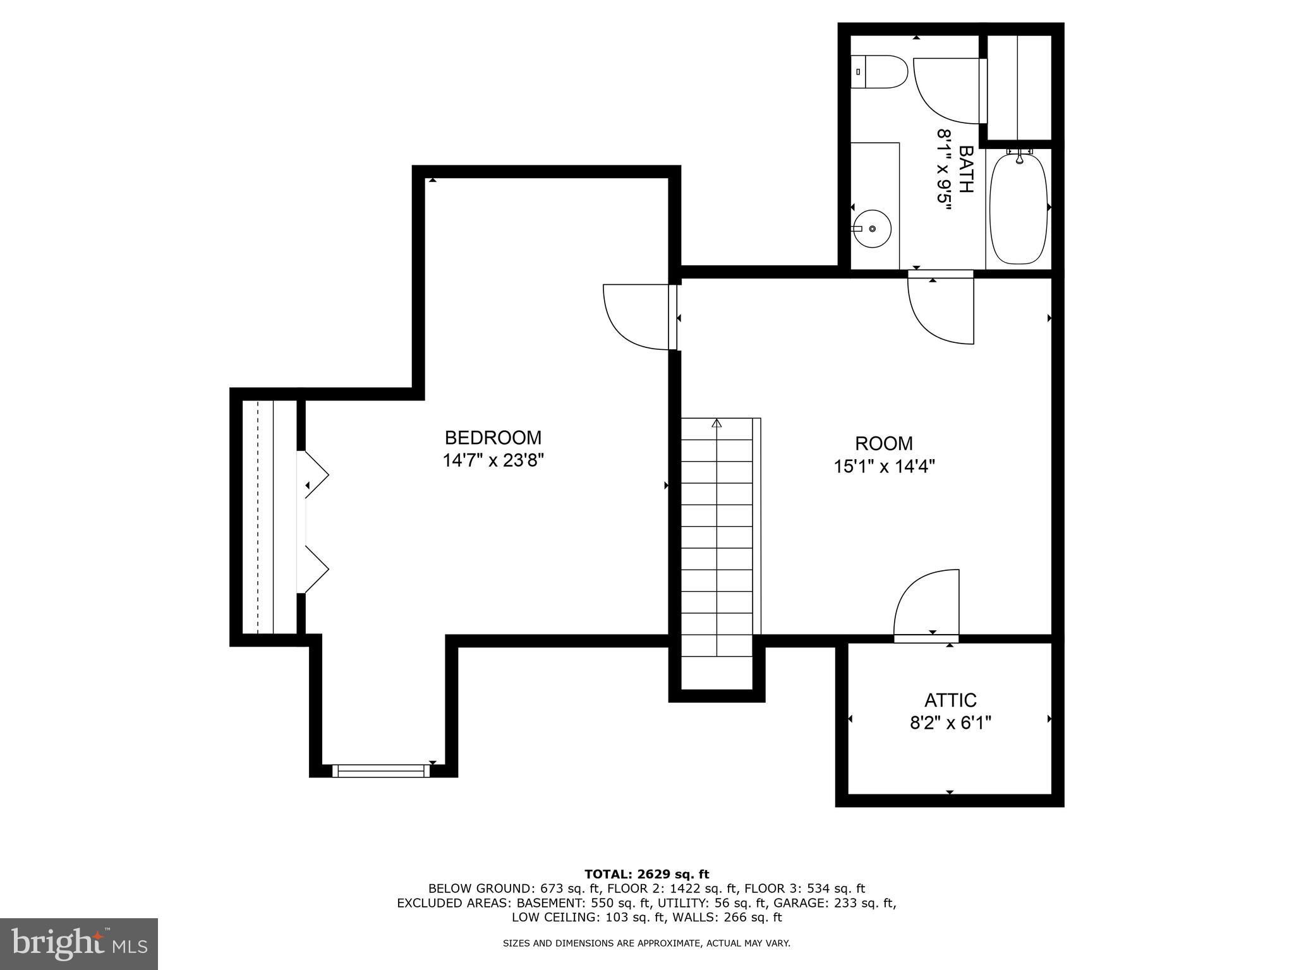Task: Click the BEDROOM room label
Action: point(493,438)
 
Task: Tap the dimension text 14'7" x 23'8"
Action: point(493,460)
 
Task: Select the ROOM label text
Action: point(884,443)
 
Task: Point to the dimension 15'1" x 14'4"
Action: point(884,467)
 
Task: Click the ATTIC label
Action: point(950,700)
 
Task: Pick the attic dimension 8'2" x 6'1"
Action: point(950,723)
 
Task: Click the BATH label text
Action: point(965,169)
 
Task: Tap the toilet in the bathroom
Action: point(879,71)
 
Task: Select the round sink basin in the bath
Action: point(873,229)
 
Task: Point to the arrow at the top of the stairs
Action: point(717,423)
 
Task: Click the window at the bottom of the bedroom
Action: point(380,770)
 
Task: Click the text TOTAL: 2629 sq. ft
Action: point(646,874)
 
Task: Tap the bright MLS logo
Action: point(78,944)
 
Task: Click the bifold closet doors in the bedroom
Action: point(314,521)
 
